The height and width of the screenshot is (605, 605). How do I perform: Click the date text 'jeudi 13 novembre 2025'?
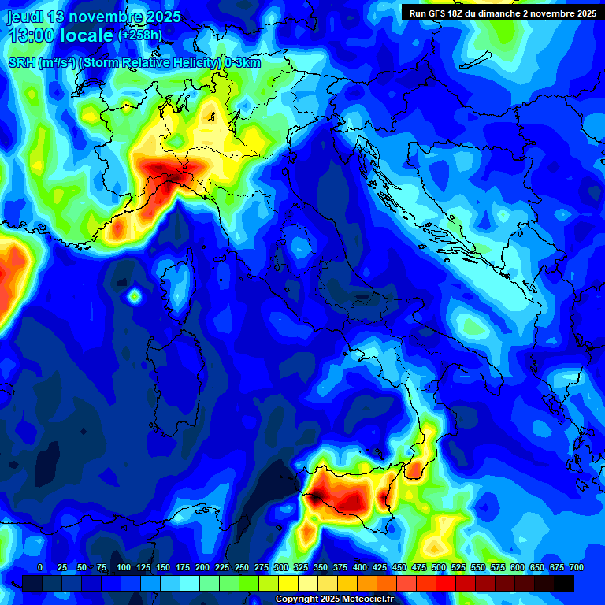point(94,17)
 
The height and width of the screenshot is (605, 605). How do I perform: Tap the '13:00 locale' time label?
point(60,35)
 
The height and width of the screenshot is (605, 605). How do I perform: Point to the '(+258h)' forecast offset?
point(140,35)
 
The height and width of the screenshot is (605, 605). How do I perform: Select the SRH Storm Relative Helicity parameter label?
point(134,63)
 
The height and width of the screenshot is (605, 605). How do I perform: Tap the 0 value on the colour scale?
point(40,567)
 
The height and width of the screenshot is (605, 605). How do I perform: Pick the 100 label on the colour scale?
point(123,567)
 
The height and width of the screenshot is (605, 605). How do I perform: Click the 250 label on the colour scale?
point(241,567)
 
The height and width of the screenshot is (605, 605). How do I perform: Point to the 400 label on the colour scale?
point(360,567)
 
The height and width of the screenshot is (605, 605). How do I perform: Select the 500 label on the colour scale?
point(439,567)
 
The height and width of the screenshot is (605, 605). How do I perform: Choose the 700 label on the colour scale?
point(576,567)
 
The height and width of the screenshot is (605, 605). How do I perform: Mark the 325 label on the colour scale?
point(301,567)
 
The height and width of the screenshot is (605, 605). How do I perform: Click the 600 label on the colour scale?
point(518,567)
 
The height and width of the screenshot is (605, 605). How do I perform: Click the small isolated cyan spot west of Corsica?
point(134,296)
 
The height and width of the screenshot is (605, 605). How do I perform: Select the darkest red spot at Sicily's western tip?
point(314,497)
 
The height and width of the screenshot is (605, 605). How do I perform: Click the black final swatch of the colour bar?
point(563,583)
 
